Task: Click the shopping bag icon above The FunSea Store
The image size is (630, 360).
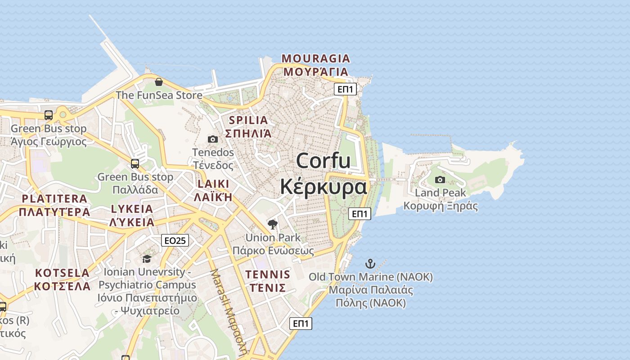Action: click(x=159, y=82)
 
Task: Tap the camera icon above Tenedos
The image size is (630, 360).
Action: click(x=213, y=139)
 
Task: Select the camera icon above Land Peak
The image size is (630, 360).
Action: click(x=440, y=180)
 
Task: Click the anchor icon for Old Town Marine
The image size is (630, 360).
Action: click(x=370, y=263)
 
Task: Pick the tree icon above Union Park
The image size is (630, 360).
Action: click(x=272, y=224)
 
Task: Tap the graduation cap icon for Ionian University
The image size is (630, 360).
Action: click(x=147, y=259)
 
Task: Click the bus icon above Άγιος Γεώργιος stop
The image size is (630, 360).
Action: click(x=49, y=115)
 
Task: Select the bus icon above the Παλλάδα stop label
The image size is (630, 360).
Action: click(x=135, y=163)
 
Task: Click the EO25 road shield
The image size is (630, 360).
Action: click(x=175, y=241)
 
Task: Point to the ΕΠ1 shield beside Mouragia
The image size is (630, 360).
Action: click(x=345, y=90)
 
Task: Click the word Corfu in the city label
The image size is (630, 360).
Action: click(x=323, y=161)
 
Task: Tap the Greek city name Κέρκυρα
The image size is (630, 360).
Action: click(x=323, y=187)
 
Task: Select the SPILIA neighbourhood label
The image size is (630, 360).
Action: click(x=248, y=120)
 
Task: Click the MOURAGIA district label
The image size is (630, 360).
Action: click(x=315, y=58)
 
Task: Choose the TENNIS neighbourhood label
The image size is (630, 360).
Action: click(x=268, y=274)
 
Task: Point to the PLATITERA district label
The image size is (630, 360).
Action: click(x=54, y=199)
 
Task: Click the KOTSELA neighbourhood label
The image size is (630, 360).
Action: click(x=62, y=273)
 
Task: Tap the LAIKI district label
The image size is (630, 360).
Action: click(x=213, y=184)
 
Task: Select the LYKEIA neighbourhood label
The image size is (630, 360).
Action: click(x=132, y=209)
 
